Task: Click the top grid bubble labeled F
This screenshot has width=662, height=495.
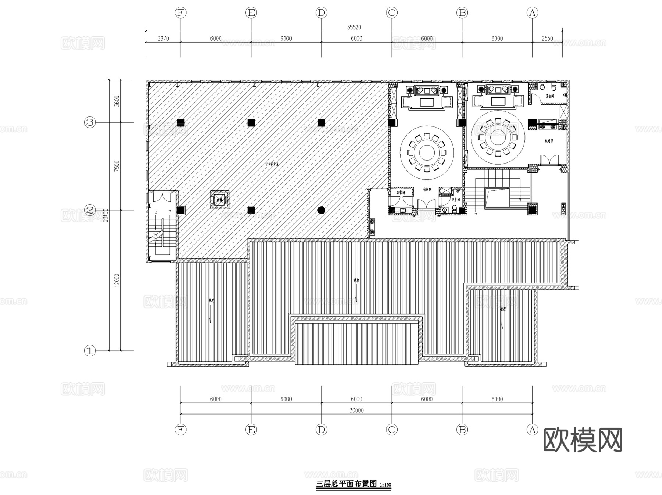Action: [181, 13]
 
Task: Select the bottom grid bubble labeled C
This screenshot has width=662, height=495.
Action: [392, 430]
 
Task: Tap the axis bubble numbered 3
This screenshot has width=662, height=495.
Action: [90, 122]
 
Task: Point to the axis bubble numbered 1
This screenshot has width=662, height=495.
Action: [90, 351]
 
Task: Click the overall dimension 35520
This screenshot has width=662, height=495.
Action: [354, 27]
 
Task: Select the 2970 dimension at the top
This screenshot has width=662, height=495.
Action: [163, 39]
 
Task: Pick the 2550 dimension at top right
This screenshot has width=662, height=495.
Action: [547, 39]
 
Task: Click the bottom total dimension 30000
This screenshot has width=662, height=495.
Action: [356, 410]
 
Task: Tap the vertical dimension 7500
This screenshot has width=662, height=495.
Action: [117, 166]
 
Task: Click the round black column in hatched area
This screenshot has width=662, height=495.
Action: [321, 210]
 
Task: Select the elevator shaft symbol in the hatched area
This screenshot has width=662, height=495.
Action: [220, 200]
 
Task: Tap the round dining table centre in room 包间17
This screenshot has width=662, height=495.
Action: [498, 137]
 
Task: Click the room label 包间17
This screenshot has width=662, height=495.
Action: [549, 141]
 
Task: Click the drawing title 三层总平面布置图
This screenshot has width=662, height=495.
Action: [346, 484]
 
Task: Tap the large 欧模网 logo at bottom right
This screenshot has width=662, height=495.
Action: [583, 440]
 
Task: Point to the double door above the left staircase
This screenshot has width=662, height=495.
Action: [162, 197]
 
